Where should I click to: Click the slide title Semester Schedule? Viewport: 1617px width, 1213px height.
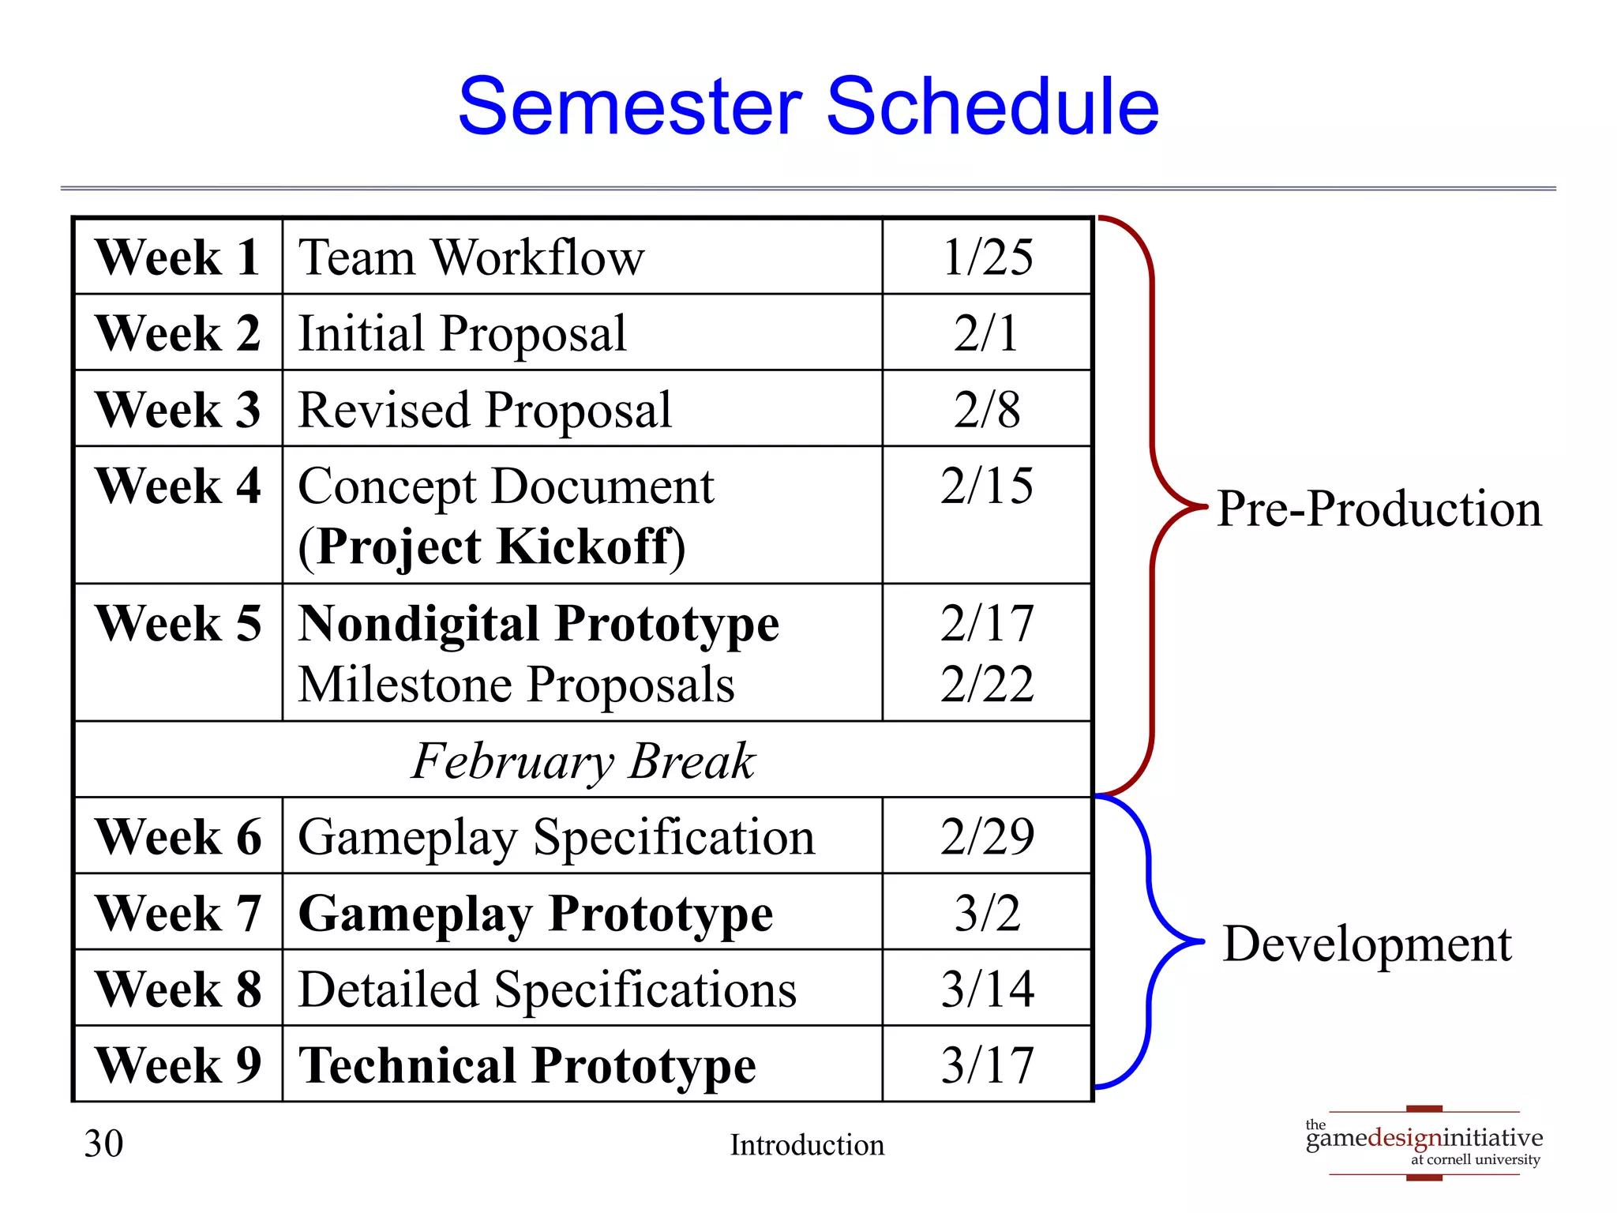pyautogui.click(x=808, y=107)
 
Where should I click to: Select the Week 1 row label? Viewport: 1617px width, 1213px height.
pyautogui.click(x=178, y=257)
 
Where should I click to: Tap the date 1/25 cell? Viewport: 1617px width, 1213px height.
pyautogui.click(x=987, y=257)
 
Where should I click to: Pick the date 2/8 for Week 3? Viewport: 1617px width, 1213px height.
pyautogui.click(x=987, y=410)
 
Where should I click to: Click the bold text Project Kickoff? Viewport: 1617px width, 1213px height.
pyautogui.click(x=493, y=546)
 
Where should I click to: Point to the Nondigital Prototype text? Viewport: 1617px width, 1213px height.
pyautogui.click(x=538, y=623)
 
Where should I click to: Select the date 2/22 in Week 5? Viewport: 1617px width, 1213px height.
pyautogui.click(x=987, y=684)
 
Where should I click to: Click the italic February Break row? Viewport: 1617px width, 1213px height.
pyautogui.click(x=583, y=760)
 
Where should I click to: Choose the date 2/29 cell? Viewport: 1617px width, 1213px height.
pyautogui.click(x=987, y=836)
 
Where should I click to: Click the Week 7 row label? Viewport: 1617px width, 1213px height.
pyautogui.click(x=178, y=913)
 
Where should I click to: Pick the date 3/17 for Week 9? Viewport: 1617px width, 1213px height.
pyautogui.click(x=987, y=1065)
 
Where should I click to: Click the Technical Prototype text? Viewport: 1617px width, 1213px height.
pyautogui.click(x=527, y=1065)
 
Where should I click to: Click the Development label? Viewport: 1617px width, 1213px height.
pyautogui.click(x=1367, y=943)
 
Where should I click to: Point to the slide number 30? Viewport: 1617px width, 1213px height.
pyautogui.click(x=103, y=1144)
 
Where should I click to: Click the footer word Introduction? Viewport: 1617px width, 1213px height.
pyautogui.click(x=807, y=1144)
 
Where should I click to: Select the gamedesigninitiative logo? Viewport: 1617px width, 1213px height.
pyautogui.click(x=1424, y=1143)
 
